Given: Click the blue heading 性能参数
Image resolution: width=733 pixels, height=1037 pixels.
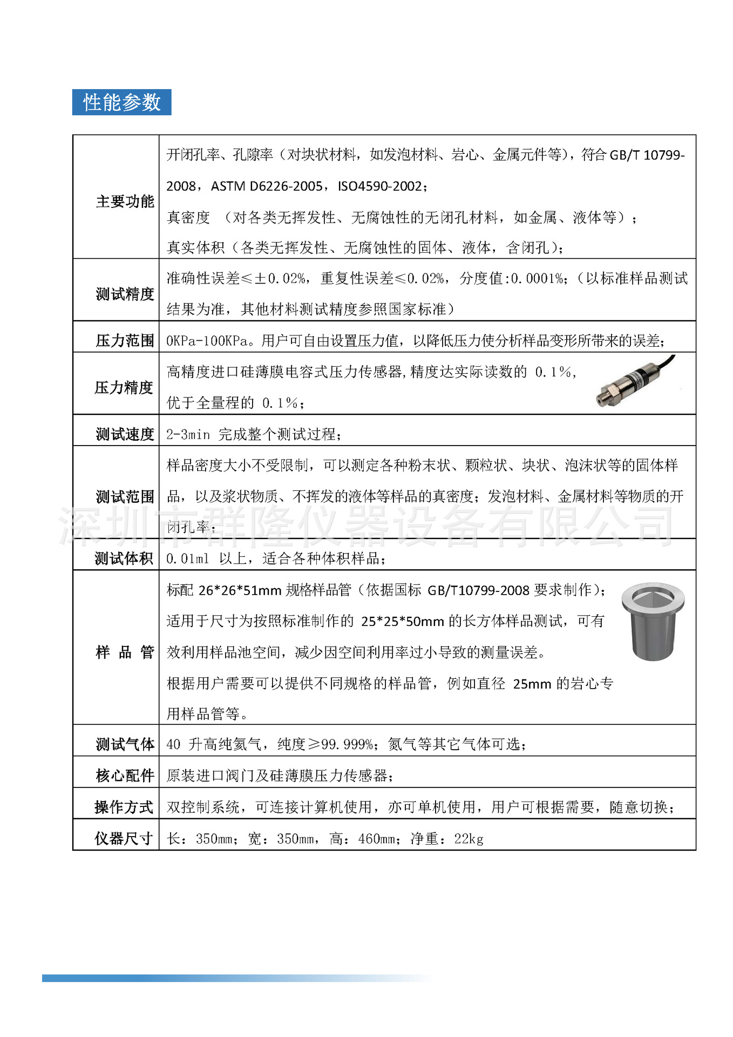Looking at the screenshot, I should pos(121,102).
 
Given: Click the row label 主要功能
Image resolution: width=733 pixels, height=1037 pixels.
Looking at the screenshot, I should pos(125,201).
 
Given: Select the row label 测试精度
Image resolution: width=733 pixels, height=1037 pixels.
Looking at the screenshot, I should pos(125,294).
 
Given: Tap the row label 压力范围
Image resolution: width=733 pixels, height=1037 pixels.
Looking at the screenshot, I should pos(125,341).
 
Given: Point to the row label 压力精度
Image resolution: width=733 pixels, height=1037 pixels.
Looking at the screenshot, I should pos(124,387).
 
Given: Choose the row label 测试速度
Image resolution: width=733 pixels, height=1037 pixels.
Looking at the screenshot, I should pos(125,434).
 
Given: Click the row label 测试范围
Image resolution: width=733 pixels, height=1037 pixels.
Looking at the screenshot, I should pos(125,496).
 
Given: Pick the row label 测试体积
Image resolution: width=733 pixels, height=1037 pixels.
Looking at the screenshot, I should pos(124,558).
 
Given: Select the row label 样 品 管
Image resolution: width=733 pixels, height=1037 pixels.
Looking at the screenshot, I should pos(125,652).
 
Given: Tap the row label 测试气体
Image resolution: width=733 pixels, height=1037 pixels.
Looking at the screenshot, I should pos(125,744).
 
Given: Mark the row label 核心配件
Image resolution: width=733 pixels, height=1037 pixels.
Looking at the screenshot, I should pos(125,776).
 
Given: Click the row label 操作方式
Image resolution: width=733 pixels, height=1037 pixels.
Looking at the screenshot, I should pos(124,807).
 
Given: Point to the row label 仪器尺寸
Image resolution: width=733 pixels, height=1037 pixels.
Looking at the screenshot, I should pos(124,838).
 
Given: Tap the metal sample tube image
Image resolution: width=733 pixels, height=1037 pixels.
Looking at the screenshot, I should pos(653,621).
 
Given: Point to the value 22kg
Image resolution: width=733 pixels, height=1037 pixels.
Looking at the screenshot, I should pos(469,839).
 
